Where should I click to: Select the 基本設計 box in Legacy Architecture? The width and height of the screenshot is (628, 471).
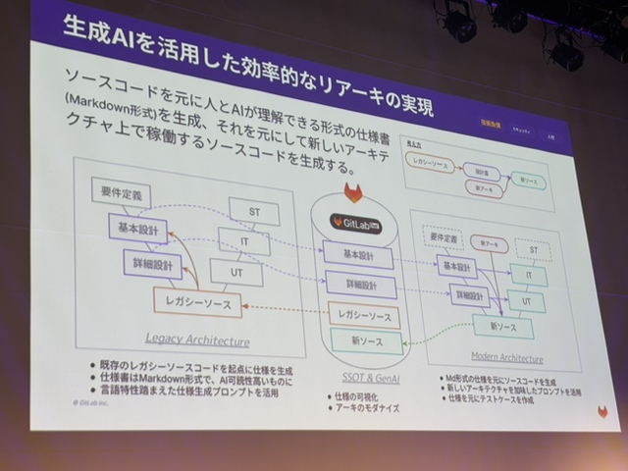(x=137, y=229)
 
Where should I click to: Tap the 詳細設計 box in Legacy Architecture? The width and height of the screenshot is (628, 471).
(x=152, y=265)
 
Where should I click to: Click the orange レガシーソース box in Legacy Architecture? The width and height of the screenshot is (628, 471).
(x=198, y=303)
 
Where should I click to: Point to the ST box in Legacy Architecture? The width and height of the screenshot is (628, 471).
(x=253, y=212)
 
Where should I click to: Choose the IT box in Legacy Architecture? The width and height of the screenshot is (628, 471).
(x=244, y=241)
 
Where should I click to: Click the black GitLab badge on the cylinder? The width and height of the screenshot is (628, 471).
(x=355, y=222)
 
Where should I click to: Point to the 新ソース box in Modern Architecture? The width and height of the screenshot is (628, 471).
(x=502, y=327)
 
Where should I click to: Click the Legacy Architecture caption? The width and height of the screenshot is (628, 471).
(x=197, y=341)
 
